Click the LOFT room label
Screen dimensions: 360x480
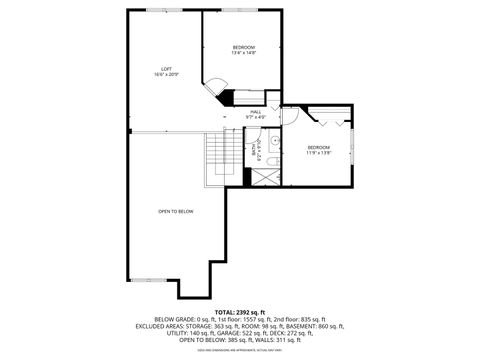click(x=166, y=68)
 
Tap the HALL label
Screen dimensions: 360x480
click(x=256, y=111)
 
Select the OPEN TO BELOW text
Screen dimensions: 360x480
click(x=175, y=211)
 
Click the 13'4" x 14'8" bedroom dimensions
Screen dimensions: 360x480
click(x=244, y=53)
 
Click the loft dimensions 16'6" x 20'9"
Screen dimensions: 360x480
click(x=166, y=75)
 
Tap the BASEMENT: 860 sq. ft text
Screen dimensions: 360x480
click(x=313, y=326)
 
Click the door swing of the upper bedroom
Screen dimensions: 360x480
click(x=213, y=87)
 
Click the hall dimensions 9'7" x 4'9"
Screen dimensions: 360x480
click(x=256, y=117)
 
